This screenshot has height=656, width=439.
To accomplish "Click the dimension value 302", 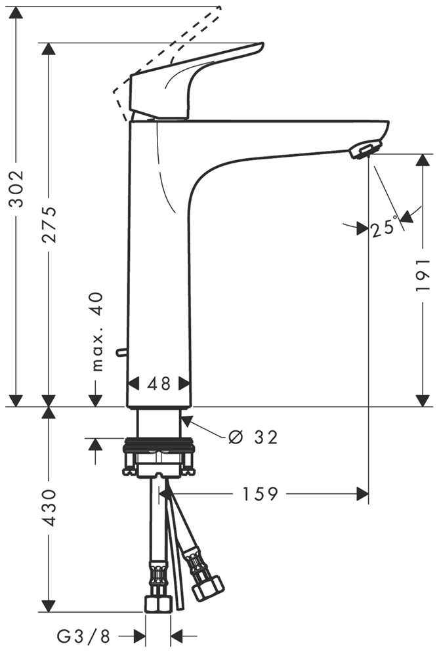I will [16, 188].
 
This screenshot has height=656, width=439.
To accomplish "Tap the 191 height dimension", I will [423, 274].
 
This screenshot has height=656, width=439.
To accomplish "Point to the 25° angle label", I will [384, 228].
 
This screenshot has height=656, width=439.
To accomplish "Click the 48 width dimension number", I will [158, 384].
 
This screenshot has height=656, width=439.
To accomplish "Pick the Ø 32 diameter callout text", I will [253, 437].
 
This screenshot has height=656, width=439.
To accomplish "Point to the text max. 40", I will [97, 332].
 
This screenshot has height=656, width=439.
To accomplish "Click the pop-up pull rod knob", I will [119, 353].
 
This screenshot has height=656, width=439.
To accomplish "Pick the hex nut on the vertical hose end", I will [157, 604].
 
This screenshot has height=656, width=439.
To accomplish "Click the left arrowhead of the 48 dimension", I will [132, 384].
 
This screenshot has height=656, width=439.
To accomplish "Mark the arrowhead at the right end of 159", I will [362, 494].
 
